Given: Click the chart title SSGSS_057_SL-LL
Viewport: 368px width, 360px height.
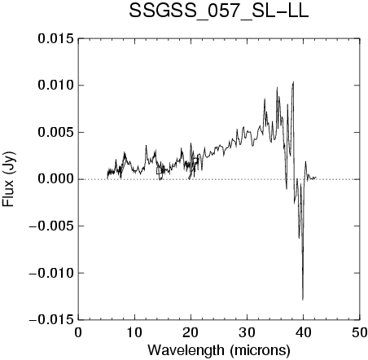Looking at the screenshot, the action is (219, 11).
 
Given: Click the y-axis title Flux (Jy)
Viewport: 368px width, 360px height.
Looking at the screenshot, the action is (9, 179).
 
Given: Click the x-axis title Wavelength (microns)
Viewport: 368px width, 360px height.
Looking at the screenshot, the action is (219, 350).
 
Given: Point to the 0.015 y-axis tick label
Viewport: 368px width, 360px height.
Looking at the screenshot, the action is (56, 39).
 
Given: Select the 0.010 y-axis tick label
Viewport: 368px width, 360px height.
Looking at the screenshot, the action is (56, 86).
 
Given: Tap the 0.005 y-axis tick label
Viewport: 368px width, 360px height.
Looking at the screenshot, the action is (56, 133).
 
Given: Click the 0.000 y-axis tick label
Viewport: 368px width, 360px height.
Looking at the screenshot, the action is (56, 179).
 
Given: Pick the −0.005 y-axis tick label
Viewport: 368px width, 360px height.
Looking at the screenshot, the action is (51, 226).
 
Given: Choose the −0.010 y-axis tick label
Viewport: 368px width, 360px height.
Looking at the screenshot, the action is (51, 273).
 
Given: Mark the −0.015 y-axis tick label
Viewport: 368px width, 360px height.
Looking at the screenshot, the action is (51, 319).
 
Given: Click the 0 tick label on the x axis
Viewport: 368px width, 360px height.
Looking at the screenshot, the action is (78, 332).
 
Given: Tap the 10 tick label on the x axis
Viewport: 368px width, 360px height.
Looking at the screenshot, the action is (134, 332).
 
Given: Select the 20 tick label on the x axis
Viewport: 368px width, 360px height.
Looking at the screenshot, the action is (191, 332).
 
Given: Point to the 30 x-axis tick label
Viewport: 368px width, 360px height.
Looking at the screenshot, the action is (247, 332).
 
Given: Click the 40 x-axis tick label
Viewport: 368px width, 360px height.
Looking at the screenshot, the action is (304, 332).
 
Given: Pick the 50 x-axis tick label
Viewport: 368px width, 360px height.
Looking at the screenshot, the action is (360, 332).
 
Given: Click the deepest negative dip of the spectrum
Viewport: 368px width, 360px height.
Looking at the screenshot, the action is (303, 300).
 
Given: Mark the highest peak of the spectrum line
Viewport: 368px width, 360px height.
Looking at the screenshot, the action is (293, 81).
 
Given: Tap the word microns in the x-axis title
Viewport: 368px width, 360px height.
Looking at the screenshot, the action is (260, 350).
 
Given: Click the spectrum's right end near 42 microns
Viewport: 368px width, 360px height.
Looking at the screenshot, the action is (316, 178).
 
